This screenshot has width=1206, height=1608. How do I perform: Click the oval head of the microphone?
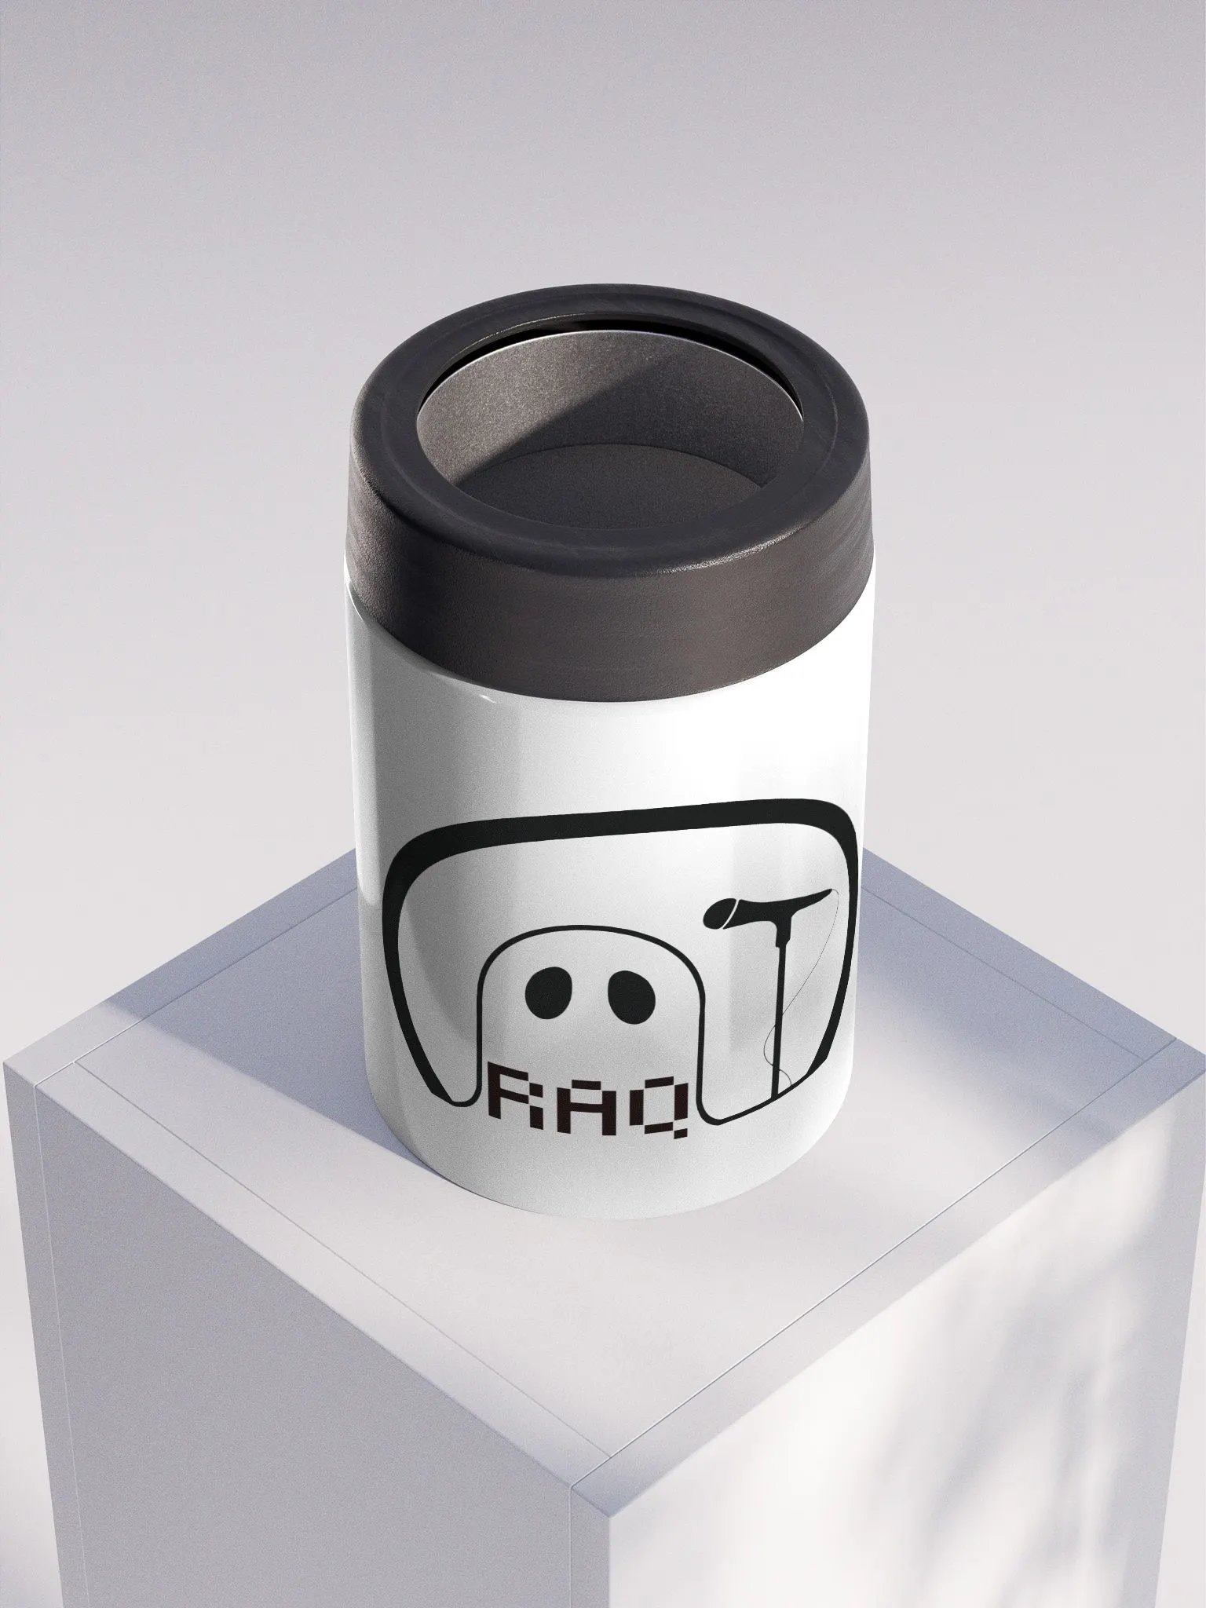[x=726, y=912]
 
